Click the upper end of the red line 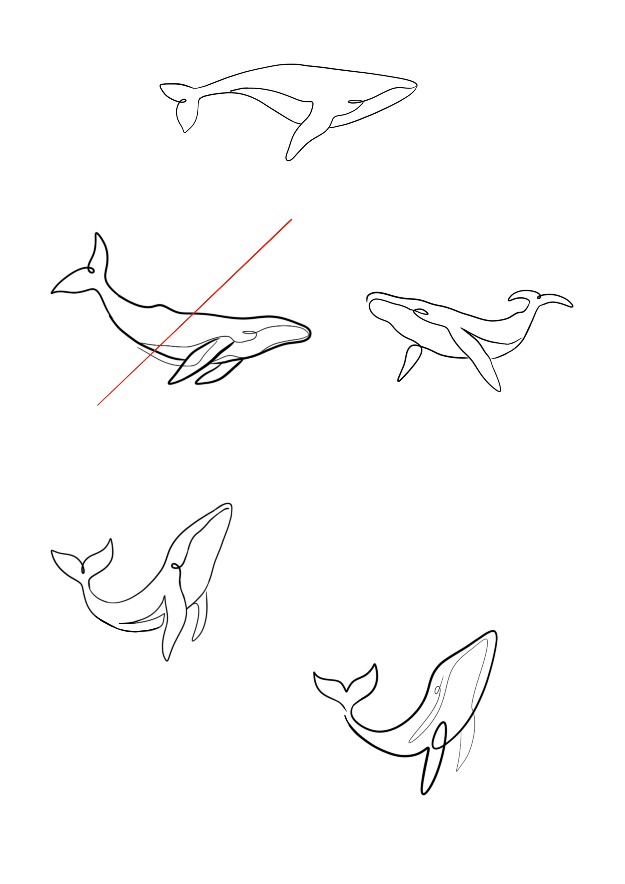point(291,219)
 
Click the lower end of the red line point(98,405)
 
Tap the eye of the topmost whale point(355,102)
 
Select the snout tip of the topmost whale point(417,85)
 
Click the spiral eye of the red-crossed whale point(249,332)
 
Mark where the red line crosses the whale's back point(195,313)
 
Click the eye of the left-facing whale point(420,311)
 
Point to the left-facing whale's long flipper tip point(499,391)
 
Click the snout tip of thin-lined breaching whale point(230,505)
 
